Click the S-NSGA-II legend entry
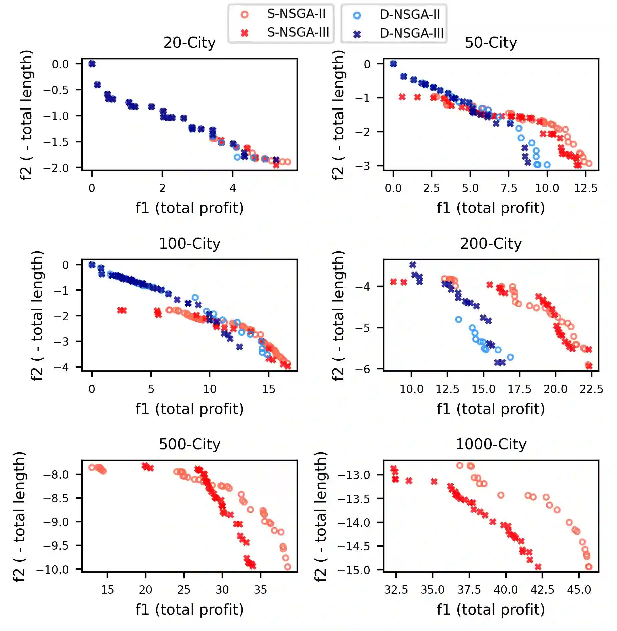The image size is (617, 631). pos(296,14)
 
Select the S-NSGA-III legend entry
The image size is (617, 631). pos(298,33)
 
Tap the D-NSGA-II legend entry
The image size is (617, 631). pos(410,15)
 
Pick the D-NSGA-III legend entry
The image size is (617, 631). pos(411,33)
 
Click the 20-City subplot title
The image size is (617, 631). pos(189,43)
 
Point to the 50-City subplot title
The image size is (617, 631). pos(491,43)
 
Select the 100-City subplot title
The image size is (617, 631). pos(189,244)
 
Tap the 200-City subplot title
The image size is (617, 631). pos(491,244)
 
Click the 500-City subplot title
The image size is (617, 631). pos(189,445)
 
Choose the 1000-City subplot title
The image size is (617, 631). pos(491,445)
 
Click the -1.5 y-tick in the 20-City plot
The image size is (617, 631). pos(56,142)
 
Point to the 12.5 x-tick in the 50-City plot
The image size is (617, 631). pos(585,188)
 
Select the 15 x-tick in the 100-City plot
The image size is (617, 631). pos(269,389)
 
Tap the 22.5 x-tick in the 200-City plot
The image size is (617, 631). pos(591,389)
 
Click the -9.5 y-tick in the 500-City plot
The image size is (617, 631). pos(56,546)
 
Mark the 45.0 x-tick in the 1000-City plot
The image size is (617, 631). pos(579,590)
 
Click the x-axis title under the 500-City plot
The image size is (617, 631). pos(189,610)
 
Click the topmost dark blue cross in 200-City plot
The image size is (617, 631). pos(413,265)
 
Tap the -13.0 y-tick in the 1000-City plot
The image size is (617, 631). pos(354,475)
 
